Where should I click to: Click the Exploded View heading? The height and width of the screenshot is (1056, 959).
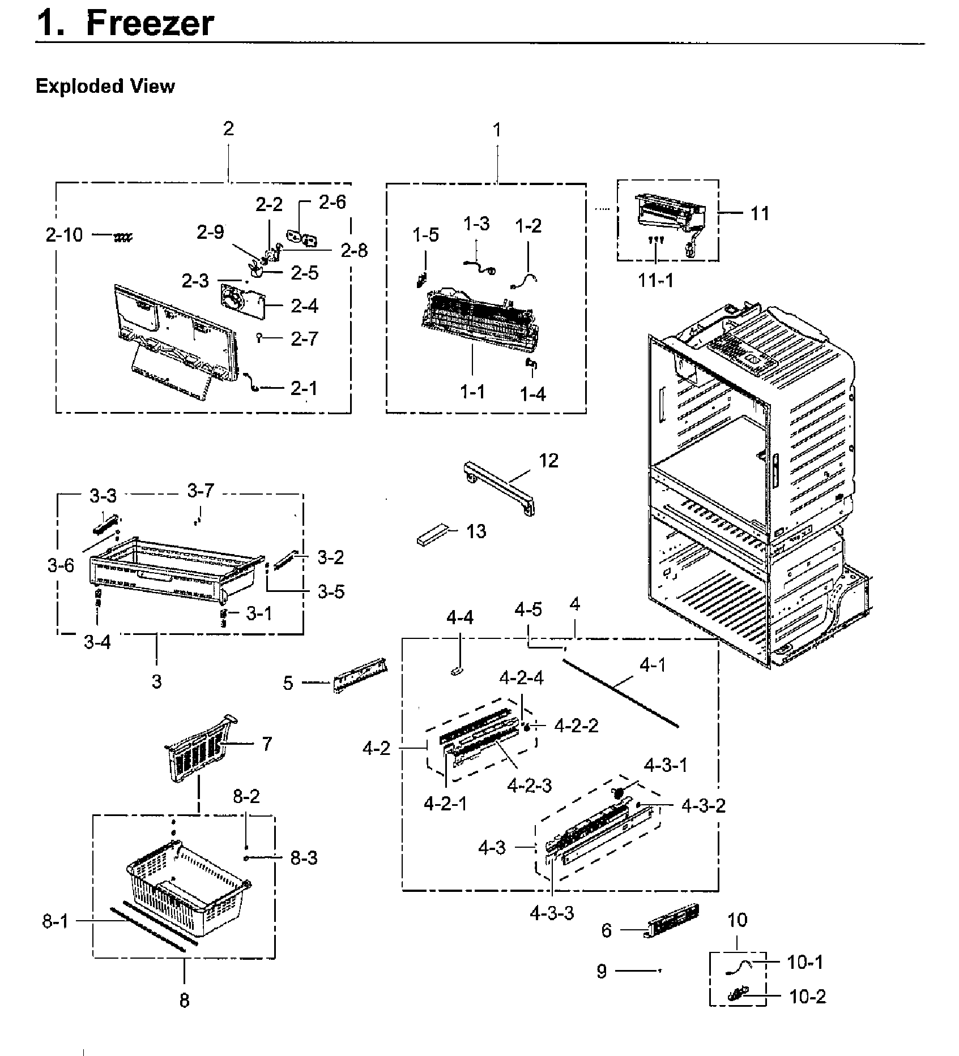tap(105, 87)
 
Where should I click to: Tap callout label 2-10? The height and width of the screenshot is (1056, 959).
tap(64, 235)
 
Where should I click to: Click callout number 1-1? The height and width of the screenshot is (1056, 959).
tap(472, 391)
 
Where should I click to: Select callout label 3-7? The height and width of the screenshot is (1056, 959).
tap(201, 491)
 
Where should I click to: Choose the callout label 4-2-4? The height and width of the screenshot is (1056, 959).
tap(521, 677)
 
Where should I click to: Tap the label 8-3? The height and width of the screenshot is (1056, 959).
tap(304, 858)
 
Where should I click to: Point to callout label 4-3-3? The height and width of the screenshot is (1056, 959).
tap(552, 913)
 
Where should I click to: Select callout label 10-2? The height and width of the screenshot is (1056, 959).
tap(807, 997)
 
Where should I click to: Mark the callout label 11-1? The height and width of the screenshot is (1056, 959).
tap(656, 280)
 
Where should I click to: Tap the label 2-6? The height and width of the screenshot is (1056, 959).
tap(333, 203)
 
